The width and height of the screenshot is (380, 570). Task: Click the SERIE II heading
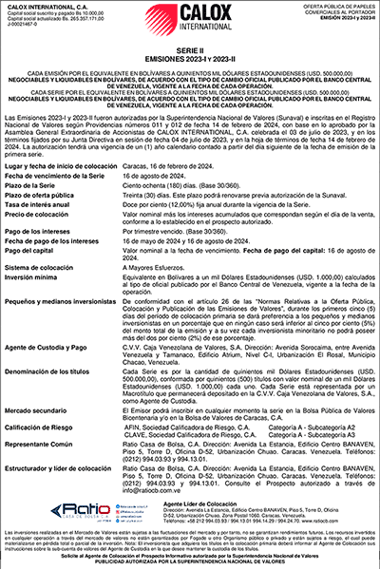tap(190, 50)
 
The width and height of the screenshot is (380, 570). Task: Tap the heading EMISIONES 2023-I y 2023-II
tap(190, 59)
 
